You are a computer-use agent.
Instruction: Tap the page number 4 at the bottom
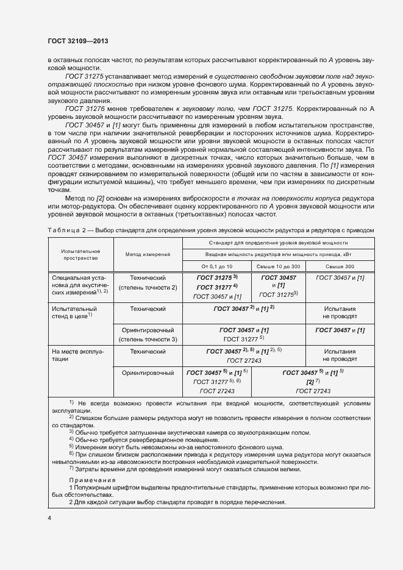(49, 518)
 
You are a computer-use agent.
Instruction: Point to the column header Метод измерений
(148, 254)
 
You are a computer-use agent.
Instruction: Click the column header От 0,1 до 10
(216, 266)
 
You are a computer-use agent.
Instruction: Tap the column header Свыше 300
(340, 266)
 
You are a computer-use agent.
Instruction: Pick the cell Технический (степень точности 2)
(148, 282)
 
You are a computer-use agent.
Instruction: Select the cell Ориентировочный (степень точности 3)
(148, 334)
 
